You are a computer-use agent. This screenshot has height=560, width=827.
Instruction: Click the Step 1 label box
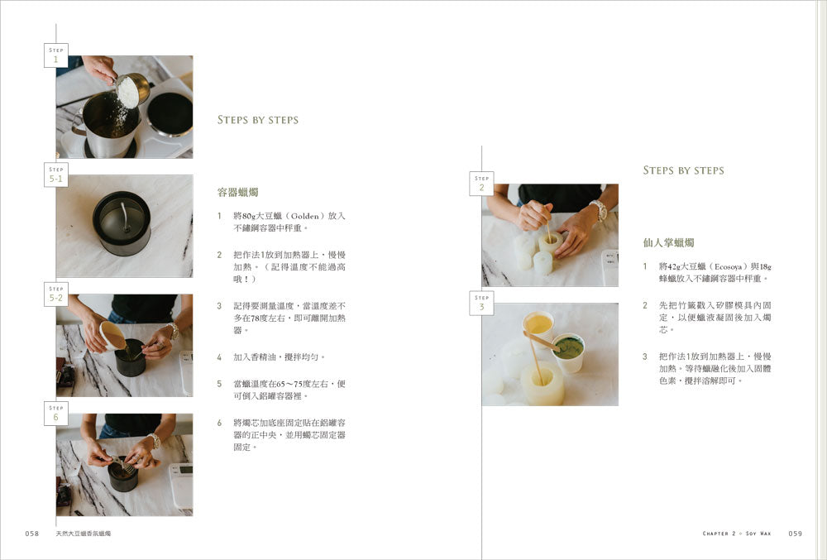(x=56, y=55)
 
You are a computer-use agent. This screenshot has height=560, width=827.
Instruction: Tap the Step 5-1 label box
(x=56, y=175)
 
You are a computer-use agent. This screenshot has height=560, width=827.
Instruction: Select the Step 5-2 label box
(x=56, y=294)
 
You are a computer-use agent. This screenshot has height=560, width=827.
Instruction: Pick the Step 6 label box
(x=56, y=414)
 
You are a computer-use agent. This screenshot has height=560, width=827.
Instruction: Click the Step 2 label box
(x=481, y=184)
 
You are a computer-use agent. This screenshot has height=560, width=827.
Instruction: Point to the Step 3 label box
(x=481, y=304)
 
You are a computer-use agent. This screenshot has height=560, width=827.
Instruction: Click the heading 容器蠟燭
(x=238, y=193)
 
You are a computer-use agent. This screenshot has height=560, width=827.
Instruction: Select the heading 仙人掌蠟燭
(x=668, y=242)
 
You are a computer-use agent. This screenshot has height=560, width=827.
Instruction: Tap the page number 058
(x=32, y=534)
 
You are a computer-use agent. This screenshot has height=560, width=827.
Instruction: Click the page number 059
(x=796, y=534)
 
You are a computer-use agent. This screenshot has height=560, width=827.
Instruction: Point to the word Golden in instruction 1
(x=305, y=216)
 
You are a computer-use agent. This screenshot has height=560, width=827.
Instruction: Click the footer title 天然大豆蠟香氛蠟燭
(x=84, y=534)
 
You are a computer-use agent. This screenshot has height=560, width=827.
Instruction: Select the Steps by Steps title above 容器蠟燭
(x=258, y=120)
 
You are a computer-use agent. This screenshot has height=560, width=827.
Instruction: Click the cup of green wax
(x=568, y=352)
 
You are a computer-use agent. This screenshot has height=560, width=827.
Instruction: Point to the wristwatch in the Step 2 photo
(x=599, y=209)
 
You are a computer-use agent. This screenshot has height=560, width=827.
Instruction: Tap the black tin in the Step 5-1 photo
(x=122, y=223)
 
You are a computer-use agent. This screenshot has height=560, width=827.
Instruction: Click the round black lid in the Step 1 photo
(x=170, y=114)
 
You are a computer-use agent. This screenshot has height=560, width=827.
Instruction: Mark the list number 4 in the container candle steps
(x=219, y=357)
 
